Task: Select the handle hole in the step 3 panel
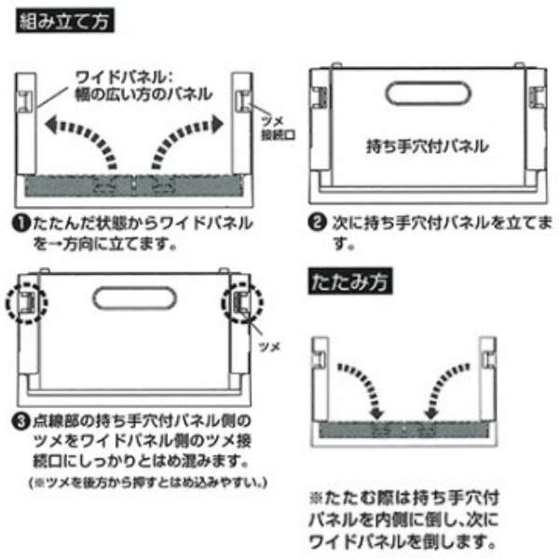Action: (134, 301)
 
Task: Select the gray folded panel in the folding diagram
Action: (402, 430)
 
